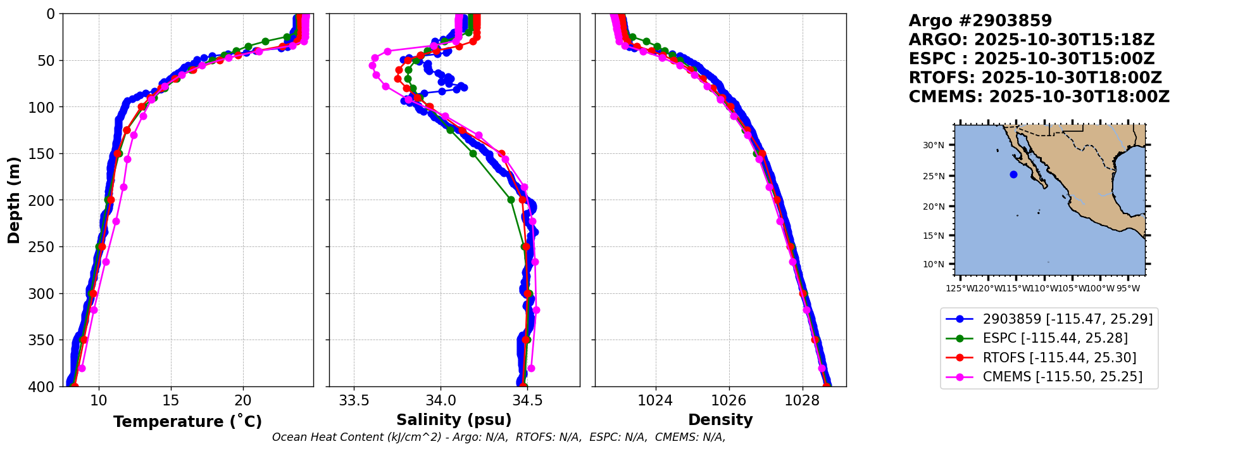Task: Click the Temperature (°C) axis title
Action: (x=187, y=422)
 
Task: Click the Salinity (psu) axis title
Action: (x=454, y=420)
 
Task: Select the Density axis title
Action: (x=720, y=420)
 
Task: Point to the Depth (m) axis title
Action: (x=14, y=200)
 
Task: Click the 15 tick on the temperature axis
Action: (x=170, y=401)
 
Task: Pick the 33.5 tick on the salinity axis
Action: (x=354, y=401)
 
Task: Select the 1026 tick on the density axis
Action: (x=729, y=401)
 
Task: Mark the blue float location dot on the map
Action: (x=1013, y=174)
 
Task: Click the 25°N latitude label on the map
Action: (x=933, y=176)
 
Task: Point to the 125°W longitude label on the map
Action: (x=960, y=289)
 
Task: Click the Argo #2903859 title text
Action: (x=980, y=21)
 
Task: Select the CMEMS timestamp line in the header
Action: (x=1039, y=97)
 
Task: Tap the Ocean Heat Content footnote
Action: (x=499, y=437)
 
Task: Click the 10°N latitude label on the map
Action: (x=933, y=264)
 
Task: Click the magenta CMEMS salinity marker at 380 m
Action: (x=531, y=368)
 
